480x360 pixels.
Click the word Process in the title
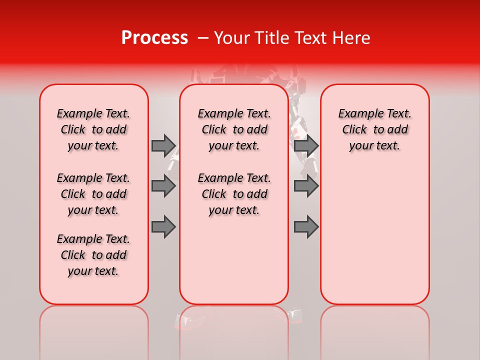pos(154,38)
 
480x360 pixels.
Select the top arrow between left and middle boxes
pos(163,145)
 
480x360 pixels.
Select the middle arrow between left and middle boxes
pos(163,186)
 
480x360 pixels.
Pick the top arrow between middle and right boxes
pos(306,145)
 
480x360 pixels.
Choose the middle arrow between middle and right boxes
pos(306,186)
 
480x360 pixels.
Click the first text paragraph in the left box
pos(93,129)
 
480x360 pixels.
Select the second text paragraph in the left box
pos(93,194)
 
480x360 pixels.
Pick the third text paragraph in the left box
pos(93,255)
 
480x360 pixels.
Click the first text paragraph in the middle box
pos(234,129)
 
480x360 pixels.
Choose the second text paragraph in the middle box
pos(234,194)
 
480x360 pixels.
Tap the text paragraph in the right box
pos(374,129)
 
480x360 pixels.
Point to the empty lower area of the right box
pos(374,235)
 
